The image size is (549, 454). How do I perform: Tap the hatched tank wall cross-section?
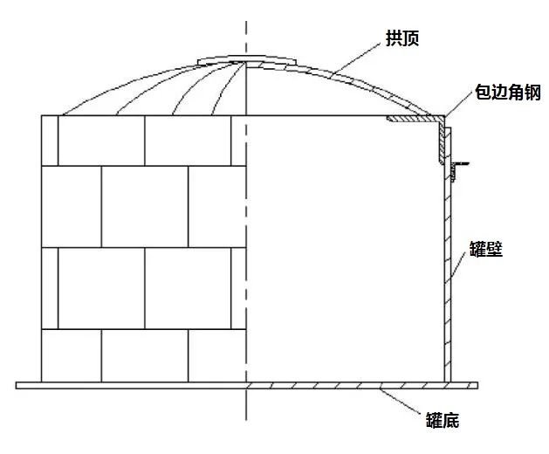pyautogui.click(x=449, y=279)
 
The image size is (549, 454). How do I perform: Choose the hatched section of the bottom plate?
pyautogui.click(x=349, y=384)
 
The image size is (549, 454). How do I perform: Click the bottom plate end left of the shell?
pyautogui.click(x=29, y=384)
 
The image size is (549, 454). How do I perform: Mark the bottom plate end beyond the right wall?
pyautogui.click(x=466, y=384)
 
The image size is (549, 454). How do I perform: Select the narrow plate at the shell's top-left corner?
pyautogui.click(x=50, y=140)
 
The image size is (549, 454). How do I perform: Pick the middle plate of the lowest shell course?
pyautogui.click(x=144, y=355)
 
